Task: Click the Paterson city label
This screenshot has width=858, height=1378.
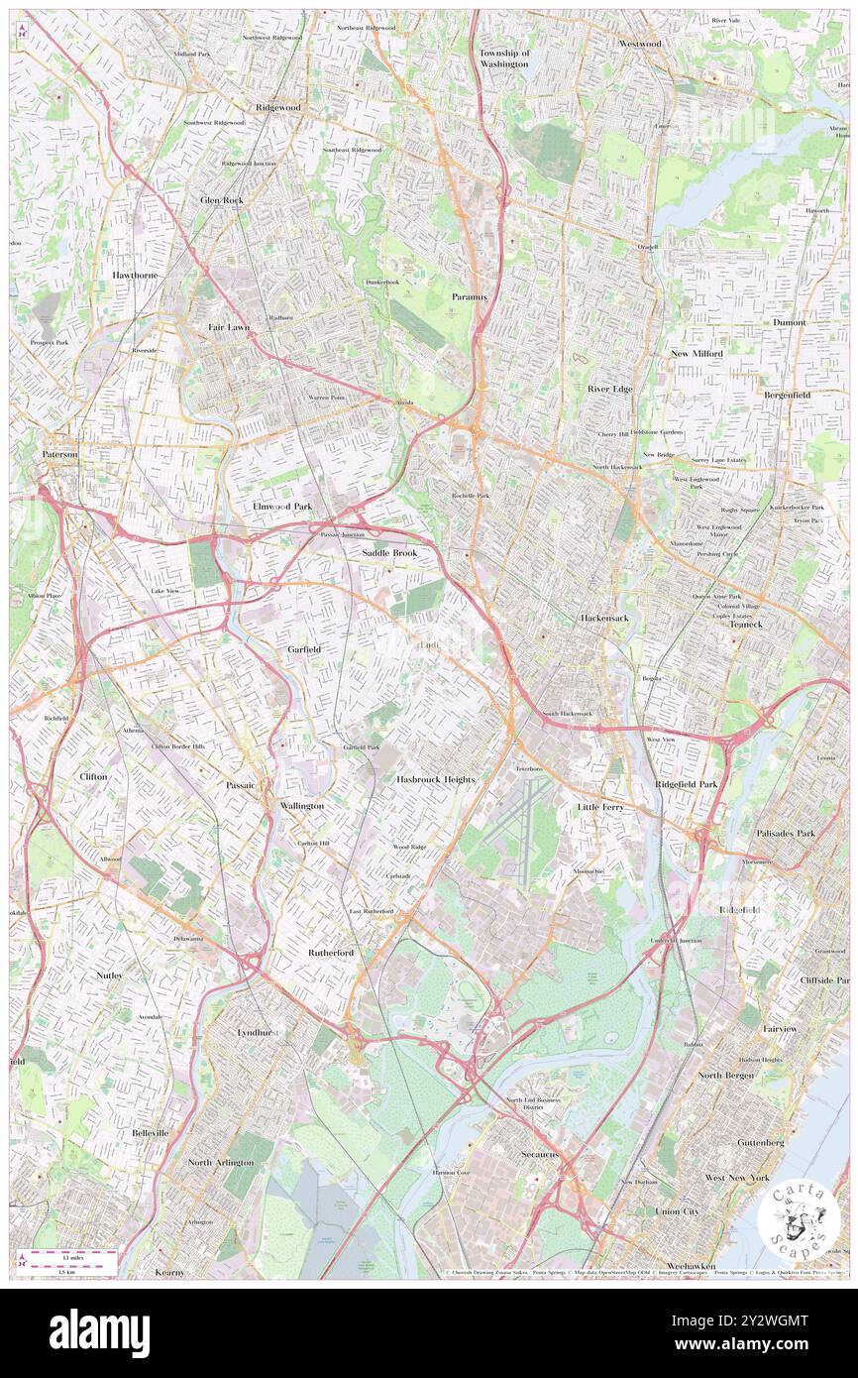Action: (x=59, y=454)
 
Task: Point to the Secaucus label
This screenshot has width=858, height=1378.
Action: (x=541, y=1155)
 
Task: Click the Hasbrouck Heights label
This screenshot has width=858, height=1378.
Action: (x=436, y=780)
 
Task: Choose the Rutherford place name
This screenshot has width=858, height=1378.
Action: (x=330, y=953)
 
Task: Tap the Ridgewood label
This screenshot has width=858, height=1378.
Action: (x=277, y=107)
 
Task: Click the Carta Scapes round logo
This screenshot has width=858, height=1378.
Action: (x=799, y=1221)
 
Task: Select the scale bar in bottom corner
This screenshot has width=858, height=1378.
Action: (x=69, y=1261)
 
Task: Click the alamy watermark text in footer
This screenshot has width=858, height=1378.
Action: (x=99, y=1333)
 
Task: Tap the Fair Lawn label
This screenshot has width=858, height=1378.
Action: (x=228, y=326)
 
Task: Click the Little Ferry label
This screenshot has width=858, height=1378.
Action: (x=601, y=808)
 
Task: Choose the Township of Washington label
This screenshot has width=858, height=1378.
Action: (x=504, y=57)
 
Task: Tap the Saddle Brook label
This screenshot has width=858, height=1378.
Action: (x=388, y=553)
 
